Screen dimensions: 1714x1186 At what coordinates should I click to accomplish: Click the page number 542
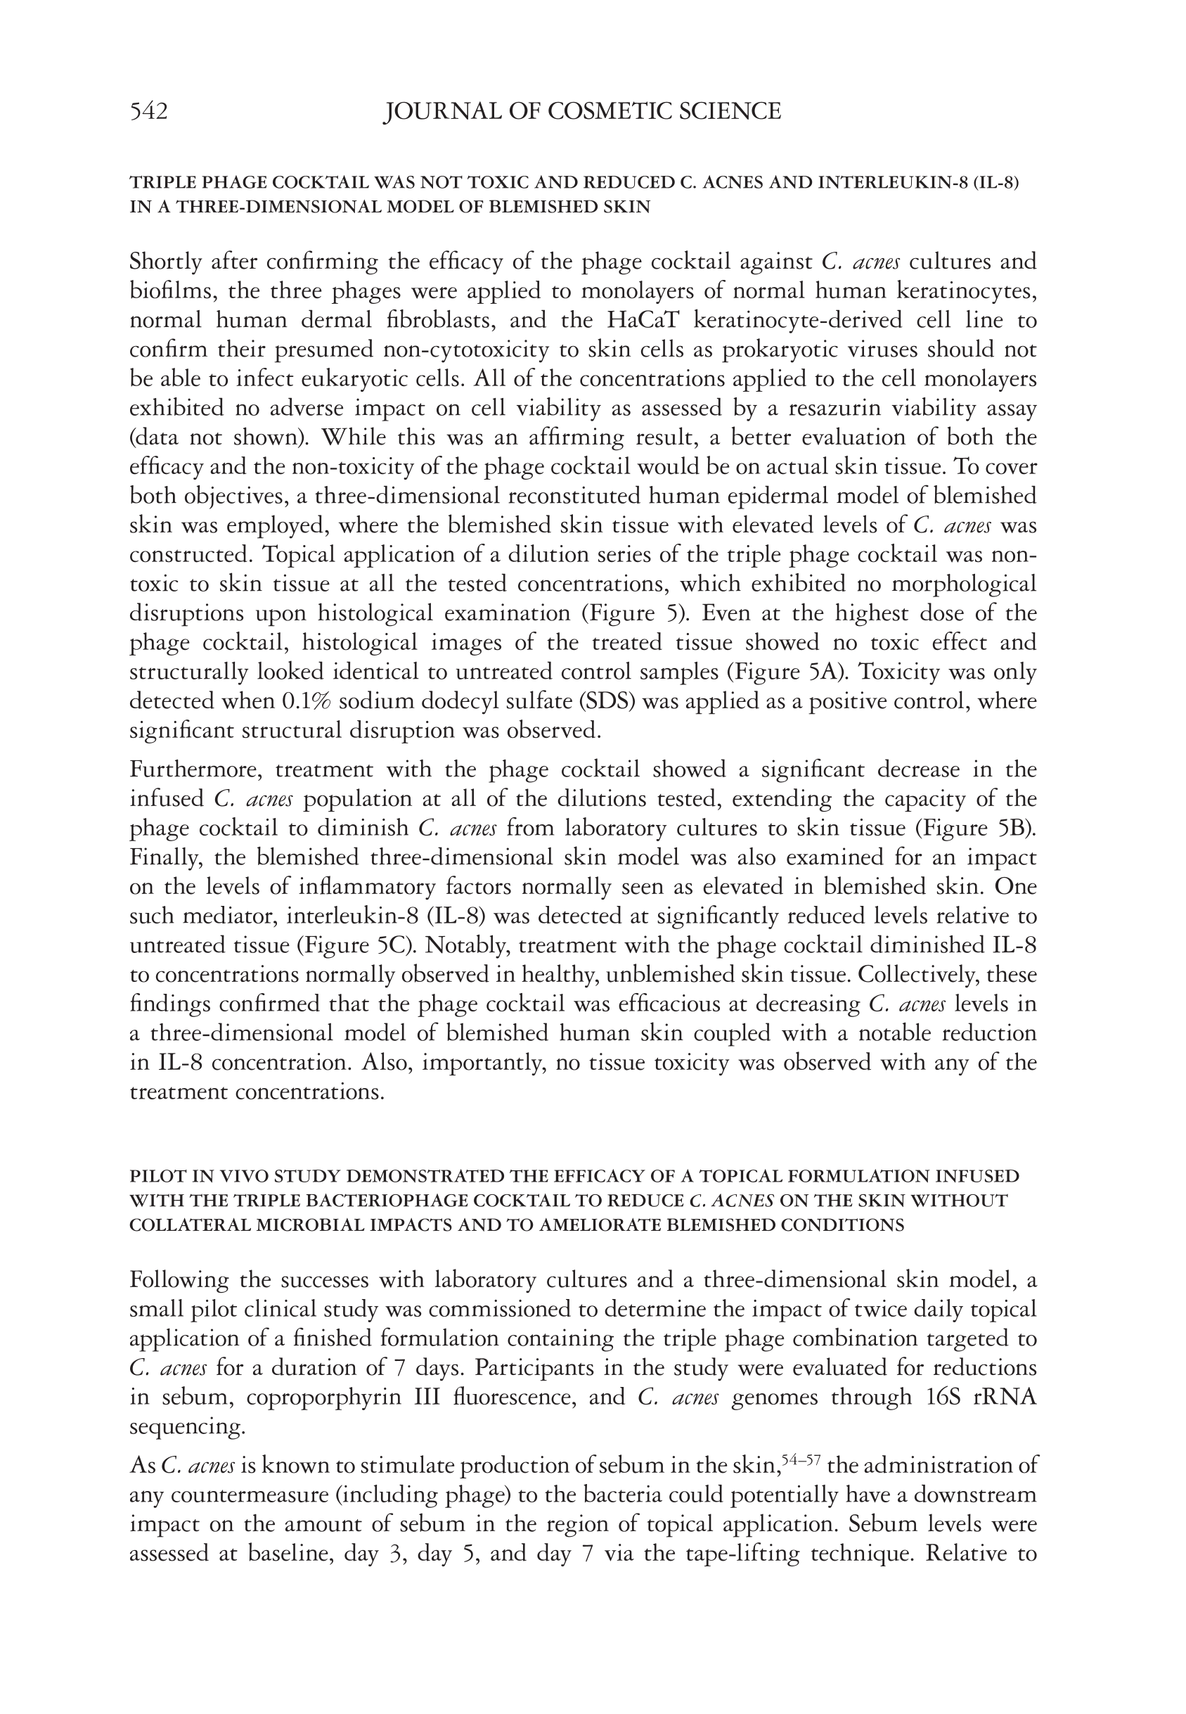tap(148, 112)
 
